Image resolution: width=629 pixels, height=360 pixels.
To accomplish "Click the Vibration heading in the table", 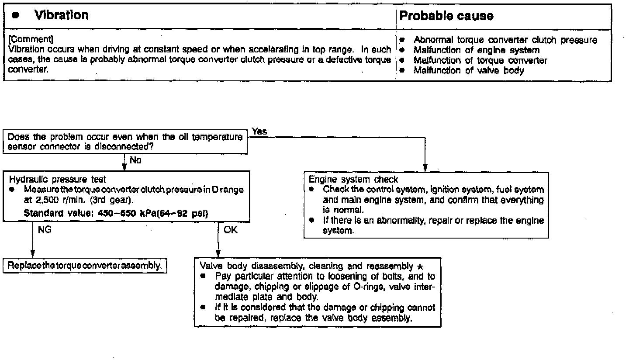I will [x=61, y=16].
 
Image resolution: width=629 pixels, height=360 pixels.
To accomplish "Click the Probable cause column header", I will [x=447, y=17].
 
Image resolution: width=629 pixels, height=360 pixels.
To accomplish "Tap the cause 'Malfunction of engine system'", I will [x=477, y=50].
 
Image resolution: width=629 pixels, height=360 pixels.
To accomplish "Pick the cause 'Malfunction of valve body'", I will [x=469, y=70].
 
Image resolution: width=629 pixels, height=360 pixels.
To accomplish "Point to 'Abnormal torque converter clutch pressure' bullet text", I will [x=505, y=40].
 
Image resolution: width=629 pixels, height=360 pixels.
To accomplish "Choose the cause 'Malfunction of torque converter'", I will [x=480, y=60].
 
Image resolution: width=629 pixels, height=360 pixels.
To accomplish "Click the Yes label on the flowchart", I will [x=259, y=132].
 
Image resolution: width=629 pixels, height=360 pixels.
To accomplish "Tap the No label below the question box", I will [x=135, y=160].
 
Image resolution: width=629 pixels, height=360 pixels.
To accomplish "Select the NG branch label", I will [x=45, y=230].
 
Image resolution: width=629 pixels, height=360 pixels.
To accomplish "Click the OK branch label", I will [x=231, y=230].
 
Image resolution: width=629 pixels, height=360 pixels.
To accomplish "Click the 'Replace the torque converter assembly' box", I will [x=85, y=265].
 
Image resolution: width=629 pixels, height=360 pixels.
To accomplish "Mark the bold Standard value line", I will [x=116, y=214].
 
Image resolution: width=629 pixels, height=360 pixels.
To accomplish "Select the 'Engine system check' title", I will [x=353, y=179].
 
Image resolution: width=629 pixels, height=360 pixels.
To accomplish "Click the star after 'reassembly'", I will [x=420, y=267].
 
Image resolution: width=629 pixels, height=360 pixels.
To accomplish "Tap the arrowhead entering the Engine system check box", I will [x=425, y=169].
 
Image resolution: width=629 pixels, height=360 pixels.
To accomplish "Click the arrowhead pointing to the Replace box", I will [x=33, y=255].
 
